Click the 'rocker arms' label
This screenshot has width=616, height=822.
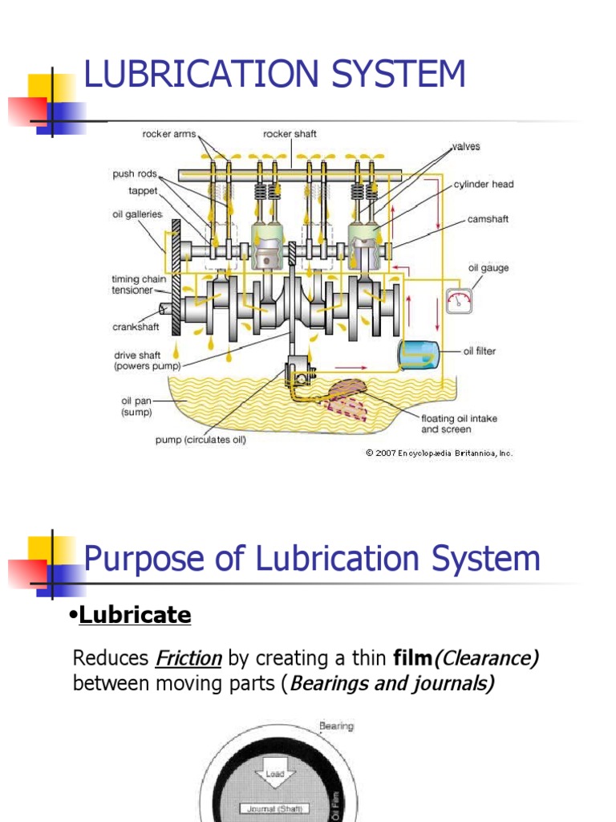point(169,134)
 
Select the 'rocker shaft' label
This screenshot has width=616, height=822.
point(290,134)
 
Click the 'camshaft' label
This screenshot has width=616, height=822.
point(488,218)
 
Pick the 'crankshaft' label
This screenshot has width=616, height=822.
point(136,327)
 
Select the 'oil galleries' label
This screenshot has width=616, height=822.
point(137,214)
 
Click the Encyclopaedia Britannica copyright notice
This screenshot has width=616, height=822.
point(439,453)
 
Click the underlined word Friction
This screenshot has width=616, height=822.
point(188,659)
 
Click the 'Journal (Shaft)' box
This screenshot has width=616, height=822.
point(269,809)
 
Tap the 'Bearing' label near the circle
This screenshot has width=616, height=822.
point(336,726)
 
